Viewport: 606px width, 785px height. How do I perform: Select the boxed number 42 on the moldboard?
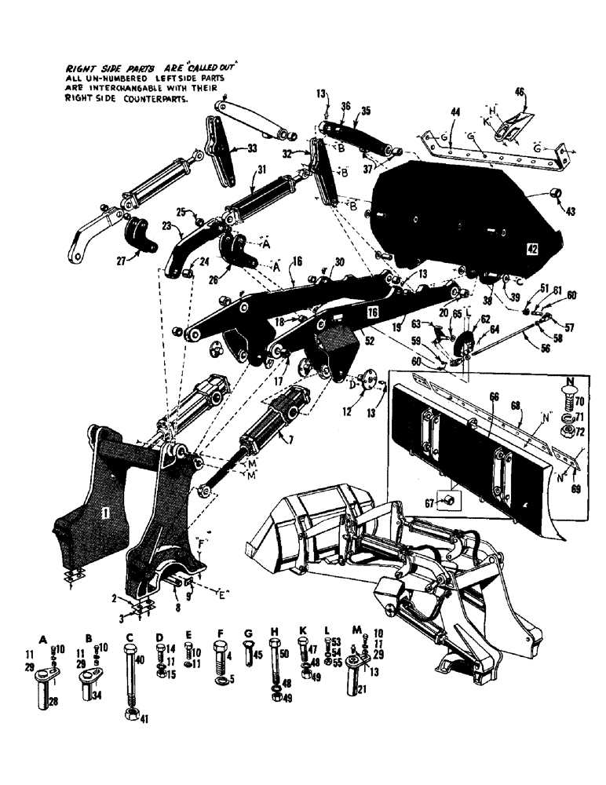tap(531, 249)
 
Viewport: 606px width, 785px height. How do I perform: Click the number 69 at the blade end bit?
tap(578, 488)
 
